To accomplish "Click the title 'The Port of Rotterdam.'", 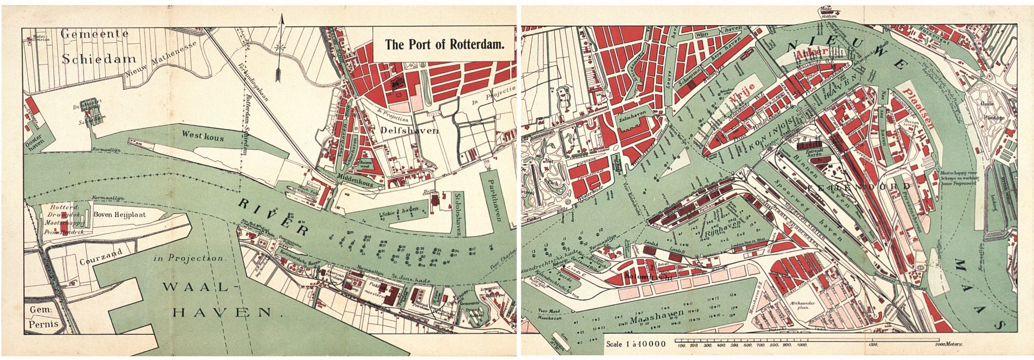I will (444, 44).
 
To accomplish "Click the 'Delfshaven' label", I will (407, 130).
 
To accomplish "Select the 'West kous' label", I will (203, 137).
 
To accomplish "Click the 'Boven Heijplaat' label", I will (120, 214).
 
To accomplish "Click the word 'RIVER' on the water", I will (273, 217).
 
